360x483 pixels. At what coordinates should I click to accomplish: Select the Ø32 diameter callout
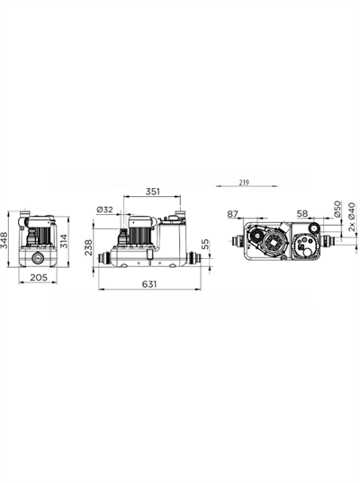(105, 210)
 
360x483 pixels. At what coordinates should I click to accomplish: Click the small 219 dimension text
(245, 182)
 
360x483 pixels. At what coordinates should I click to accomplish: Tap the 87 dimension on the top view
(233, 214)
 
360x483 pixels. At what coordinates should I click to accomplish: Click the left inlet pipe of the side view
(104, 259)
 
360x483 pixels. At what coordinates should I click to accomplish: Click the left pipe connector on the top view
(236, 242)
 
